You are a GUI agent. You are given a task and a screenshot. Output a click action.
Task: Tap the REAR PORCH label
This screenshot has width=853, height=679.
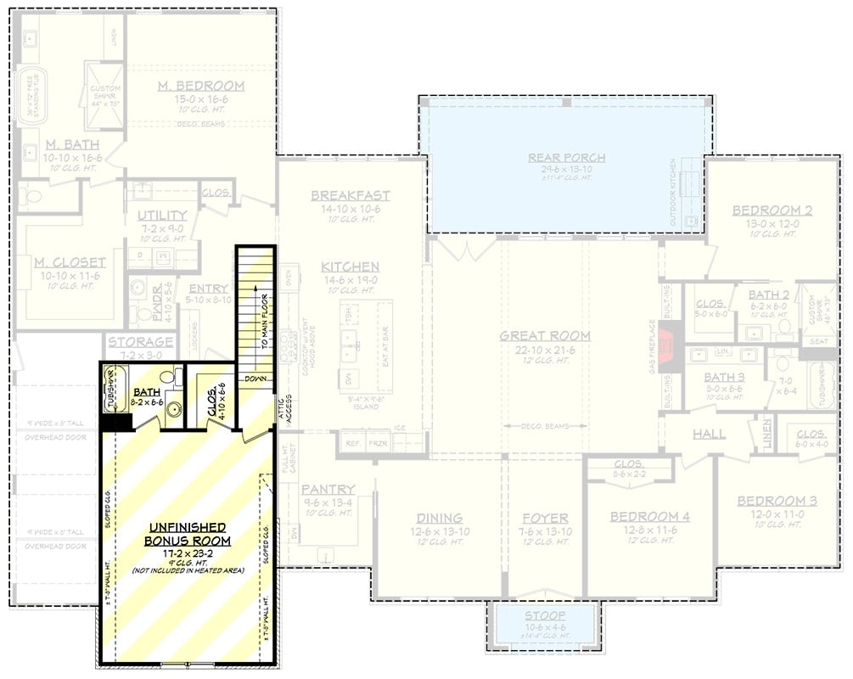(x=566, y=157)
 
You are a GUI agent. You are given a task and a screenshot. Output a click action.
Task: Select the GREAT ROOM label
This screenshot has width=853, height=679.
(x=544, y=336)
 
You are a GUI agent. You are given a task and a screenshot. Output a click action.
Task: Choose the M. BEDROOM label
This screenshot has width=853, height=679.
(x=201, y=86)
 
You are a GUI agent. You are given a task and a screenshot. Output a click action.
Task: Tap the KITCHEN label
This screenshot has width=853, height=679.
(x=350, y=267)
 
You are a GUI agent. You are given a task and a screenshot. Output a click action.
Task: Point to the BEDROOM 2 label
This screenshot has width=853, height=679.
(x=766, y=210)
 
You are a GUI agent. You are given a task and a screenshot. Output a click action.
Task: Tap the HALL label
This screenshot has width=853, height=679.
(x=709, y=434)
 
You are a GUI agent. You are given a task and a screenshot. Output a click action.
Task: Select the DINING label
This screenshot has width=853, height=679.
(x=439, y=518)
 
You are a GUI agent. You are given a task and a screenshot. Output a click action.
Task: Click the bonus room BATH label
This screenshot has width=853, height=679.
(x=146, y=392)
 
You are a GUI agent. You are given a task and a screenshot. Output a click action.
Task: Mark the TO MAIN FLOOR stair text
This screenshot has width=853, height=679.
(x=266, y=322)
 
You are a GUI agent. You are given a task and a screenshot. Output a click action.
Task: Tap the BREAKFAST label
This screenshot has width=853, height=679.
(x=350, y=195)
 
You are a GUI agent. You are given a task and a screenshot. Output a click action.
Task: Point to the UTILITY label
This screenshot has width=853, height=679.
(x=162, y=216)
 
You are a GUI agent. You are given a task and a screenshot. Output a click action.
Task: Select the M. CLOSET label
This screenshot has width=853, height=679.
(x=70, y=262)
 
